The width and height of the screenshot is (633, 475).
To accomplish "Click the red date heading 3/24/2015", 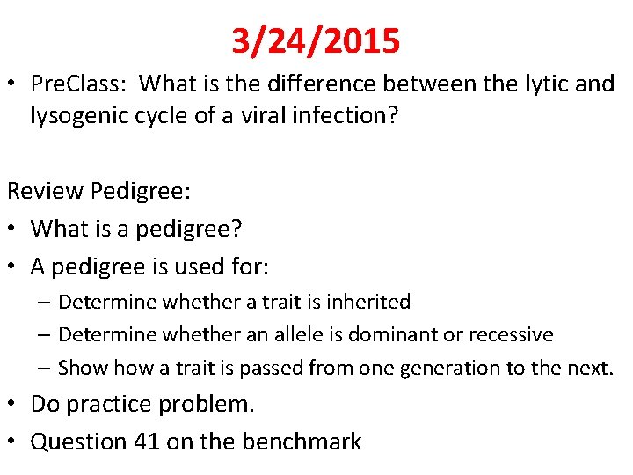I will pyautogui.click(x=316, y=40).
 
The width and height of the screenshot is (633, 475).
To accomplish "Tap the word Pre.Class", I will pyautogui.click(x=80, y=84).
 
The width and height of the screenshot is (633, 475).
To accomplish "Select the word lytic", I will pyautogui.click(x=518, y=84).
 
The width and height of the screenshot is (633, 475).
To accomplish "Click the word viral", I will pyautogui.click(x=258, y=116).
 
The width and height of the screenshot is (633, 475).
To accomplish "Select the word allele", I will pyautogui.click(x=314, y=334).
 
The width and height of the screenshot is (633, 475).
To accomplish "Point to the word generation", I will pyautogui.click(x=445, y=368).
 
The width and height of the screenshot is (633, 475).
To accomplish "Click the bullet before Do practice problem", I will pyautogui.click(x=13, y=405).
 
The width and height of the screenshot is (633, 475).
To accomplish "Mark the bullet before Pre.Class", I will pyautogui.click(x=13, y=84).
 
